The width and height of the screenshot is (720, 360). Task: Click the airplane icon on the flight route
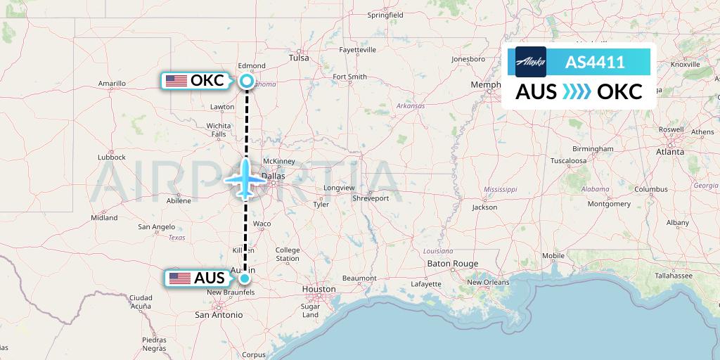tap(245, 179)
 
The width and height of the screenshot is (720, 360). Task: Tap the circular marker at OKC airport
tap(246, 81)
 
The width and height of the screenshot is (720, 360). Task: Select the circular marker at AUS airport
tap(244, 278)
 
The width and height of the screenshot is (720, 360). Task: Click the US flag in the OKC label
tap(176, 81)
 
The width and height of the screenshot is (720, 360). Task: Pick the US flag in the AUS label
tap(180, 278)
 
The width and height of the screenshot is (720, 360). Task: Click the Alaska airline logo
tap(530, 62)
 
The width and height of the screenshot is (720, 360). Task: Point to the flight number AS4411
tap(595, 62)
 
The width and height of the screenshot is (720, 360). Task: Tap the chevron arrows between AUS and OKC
tap(577, 92)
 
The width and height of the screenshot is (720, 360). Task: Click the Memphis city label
tap(485, 85)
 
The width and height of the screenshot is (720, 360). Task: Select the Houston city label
tap(319, 289)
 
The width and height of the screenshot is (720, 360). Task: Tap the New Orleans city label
tap(488, 282)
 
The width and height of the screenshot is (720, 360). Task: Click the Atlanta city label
tap(670, 151)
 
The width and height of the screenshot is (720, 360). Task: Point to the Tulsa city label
tap(299, 58)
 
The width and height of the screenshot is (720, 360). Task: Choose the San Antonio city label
tap(218, 315)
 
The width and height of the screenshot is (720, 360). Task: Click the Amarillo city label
tap(111, 84)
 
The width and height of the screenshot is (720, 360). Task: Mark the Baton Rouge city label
tap(453, 264)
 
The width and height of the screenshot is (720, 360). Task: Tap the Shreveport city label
tap(371, 198)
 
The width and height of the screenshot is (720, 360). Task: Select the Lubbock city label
tap(111, 157)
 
